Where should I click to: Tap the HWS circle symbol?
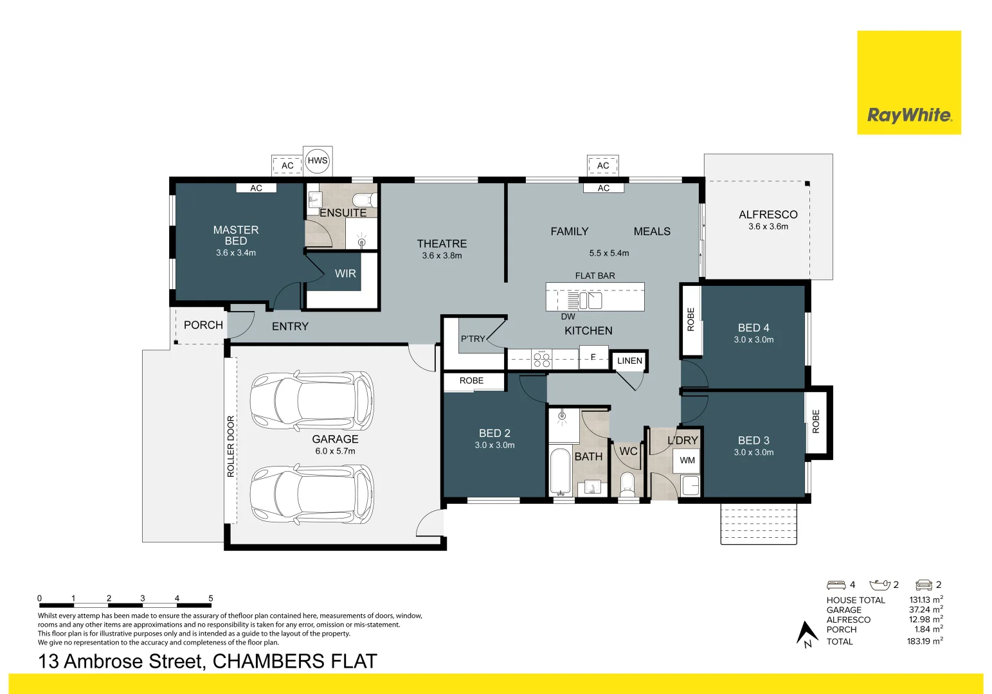318,161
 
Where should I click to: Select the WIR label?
345,274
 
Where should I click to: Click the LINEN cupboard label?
629,360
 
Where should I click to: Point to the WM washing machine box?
687,460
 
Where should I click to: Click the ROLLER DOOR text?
231,446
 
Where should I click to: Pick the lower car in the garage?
312,494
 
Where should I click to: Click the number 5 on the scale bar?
211,598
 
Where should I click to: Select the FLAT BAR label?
595,276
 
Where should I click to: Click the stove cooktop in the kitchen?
542,359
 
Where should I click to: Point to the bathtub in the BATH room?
561,472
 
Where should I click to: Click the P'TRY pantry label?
473,339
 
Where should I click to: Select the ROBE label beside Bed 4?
691,319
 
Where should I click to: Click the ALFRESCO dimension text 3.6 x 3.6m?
768,227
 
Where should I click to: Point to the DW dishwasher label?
568,316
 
